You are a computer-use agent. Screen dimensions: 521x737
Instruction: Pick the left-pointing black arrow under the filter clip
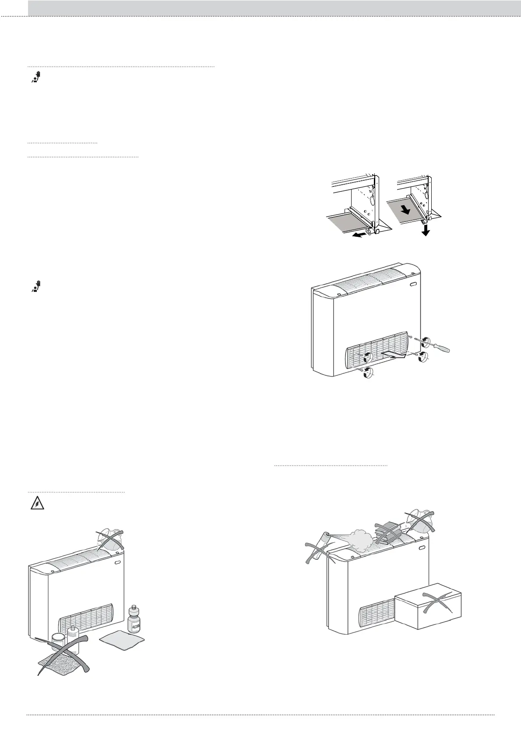coord(359,235)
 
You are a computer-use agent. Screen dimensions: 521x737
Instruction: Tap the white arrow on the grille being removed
coord(393,354)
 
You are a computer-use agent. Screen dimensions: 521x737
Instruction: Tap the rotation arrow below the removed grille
coord(369,373)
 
